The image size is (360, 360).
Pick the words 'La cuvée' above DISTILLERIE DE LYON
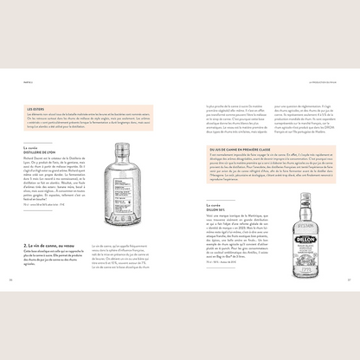[32, 146]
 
